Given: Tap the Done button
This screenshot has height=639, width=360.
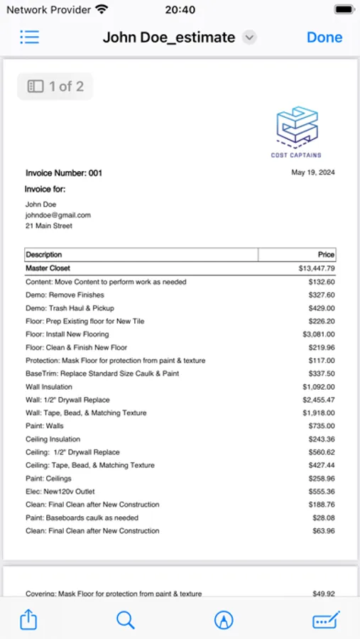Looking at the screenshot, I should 324,38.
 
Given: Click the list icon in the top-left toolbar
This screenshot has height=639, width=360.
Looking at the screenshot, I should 30,38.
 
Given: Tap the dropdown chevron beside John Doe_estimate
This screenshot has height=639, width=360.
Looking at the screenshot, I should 249,38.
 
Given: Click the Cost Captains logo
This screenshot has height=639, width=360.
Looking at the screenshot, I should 296,132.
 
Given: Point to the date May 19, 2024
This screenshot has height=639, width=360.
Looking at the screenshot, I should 312,173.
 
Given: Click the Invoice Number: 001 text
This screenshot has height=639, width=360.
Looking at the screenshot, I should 64,173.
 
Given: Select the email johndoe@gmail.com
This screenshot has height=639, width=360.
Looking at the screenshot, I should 58,215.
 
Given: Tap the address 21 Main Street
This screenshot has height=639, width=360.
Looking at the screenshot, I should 49,226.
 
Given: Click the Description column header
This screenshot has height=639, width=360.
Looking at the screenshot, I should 44,254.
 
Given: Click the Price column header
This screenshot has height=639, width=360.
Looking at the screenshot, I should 326,254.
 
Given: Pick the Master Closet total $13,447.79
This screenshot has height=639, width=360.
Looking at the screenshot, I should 317,268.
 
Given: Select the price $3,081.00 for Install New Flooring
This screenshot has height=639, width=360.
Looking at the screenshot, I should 318,334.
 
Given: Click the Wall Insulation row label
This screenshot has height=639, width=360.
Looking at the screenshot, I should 49,387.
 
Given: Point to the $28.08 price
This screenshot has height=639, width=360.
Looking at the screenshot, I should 323,518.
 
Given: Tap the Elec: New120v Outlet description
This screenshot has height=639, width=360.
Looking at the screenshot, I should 60,491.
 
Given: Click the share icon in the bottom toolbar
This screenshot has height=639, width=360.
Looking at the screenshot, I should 28,620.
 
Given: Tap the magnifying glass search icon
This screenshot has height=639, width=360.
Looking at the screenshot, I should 126,620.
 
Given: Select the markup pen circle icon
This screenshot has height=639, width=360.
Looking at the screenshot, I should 224,620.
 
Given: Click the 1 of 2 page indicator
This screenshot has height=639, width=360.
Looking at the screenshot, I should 55,87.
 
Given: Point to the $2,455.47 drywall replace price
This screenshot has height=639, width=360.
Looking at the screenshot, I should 318,400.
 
